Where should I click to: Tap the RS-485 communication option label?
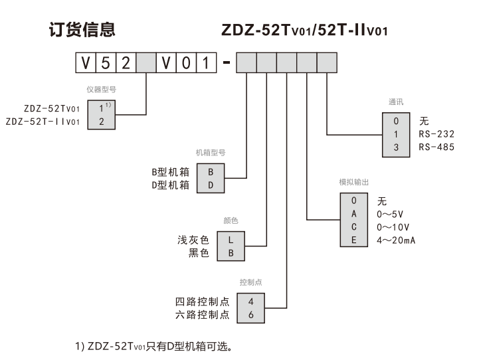coord(436,147)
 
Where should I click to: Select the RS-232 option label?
coord(436,134)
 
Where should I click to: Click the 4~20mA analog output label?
coord(397,240)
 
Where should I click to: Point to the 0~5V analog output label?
coord(389,213)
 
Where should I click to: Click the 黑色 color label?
coord(197,253)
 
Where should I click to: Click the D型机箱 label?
coord(171,185)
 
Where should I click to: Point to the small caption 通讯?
coord(396,102)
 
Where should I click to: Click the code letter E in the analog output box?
coord(354,240)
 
